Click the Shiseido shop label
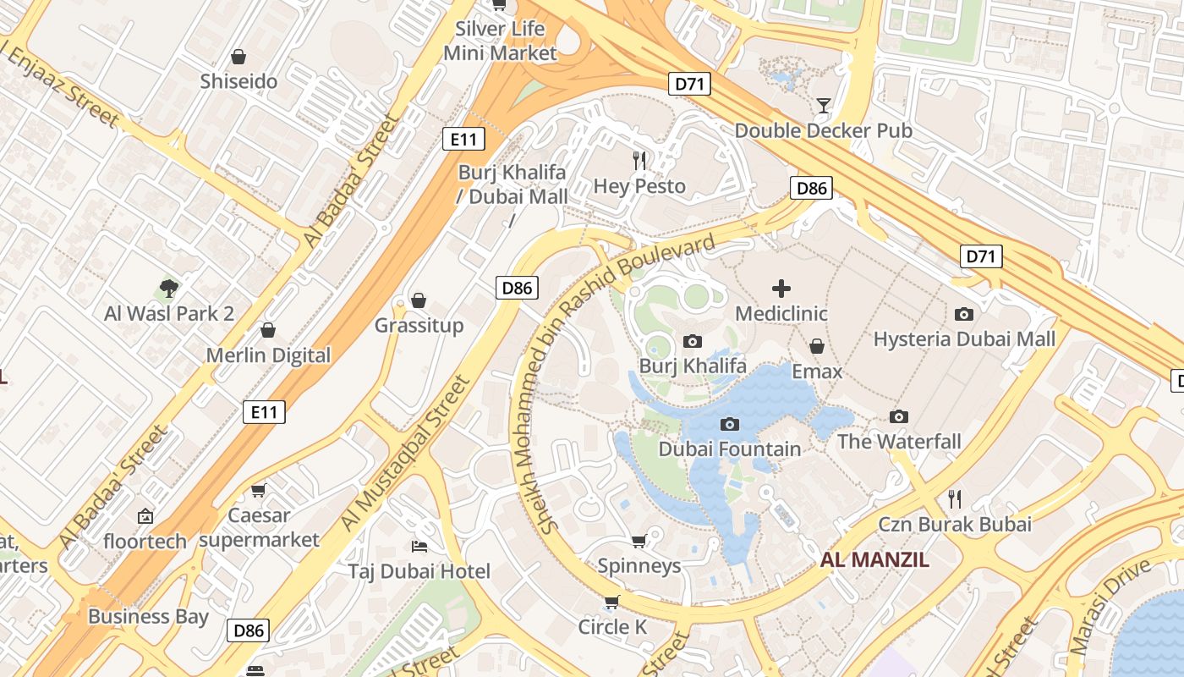coord(238,81)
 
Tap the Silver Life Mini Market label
coord(500,41)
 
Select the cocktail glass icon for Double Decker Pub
coord(823,106)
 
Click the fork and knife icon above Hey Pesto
coord(639,160)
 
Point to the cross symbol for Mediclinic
coord(781,289)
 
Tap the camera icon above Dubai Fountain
coord(729,424)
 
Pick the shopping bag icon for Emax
coord(817,346)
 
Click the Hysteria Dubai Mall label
coord(964,339)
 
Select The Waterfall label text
coord(899,441)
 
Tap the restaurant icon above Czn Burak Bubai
coord(955,498)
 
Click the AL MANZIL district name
coord(874,559)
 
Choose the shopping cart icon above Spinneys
coord(639,541)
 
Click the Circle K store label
coord(612,627)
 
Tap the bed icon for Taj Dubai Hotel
coord(418,546)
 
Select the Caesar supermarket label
coord(260,527)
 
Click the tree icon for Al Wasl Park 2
coord(169,289)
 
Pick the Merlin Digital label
coord(268,355)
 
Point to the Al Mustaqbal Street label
coord(405,454)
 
